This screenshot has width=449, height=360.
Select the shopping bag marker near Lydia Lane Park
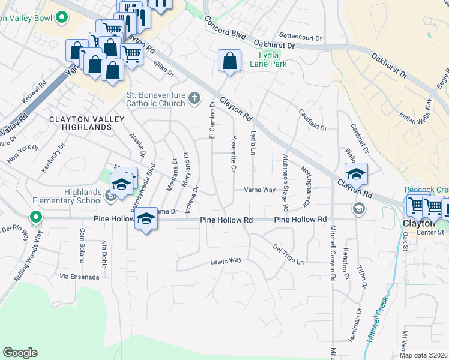pyautogui.click(x=229, y=61)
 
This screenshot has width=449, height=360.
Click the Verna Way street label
pyautogui.click(x=259, y=190)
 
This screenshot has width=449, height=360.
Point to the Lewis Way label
pyautogui.click(x=226, y=260)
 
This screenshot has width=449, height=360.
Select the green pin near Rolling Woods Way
pyautogui.click(x=36, y=217)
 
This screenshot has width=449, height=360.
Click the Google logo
pyautogui.click(x=20, y=353)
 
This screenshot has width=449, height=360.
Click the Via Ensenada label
pyautogui.click(x=79, y=277)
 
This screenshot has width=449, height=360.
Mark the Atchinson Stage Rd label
pyautogui.click(x=286, y=182)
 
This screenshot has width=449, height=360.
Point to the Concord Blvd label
pyautogui.click(x=226, y=28)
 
